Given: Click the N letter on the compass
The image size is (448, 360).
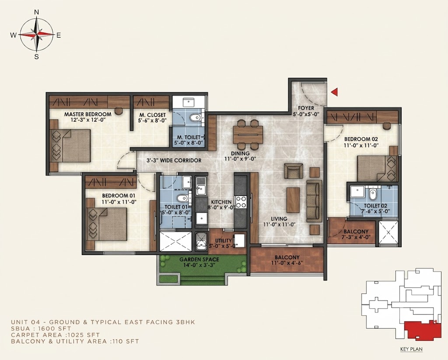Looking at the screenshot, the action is [37, 12].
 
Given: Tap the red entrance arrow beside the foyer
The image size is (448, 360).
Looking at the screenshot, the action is [335, 92].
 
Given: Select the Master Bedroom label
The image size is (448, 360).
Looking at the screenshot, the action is [87, 114].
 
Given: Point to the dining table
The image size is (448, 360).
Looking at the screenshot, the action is [248, 134].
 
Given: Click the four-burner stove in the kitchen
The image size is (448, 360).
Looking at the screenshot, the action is [241, 202].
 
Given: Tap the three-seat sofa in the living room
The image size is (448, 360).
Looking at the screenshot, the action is [314, 201].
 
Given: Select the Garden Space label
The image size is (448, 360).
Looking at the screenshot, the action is [199, 260].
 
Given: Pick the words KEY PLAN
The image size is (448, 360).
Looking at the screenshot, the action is [411, 349].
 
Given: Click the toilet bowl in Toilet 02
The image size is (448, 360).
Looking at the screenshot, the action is [373, 194].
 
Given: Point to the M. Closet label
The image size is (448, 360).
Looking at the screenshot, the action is [152, 115].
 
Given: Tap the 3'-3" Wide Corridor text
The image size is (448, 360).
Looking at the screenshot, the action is [174, 161].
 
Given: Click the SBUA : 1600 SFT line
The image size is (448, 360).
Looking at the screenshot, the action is [41, 329].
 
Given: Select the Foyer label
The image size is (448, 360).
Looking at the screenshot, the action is [306, 108].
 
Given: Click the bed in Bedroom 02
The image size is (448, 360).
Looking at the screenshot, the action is [377, 168].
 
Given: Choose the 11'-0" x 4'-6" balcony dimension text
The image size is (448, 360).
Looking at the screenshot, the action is [287, 263].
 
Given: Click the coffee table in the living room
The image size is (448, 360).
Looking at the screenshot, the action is [293, 200].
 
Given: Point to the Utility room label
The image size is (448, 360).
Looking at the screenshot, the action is [223, 241].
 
